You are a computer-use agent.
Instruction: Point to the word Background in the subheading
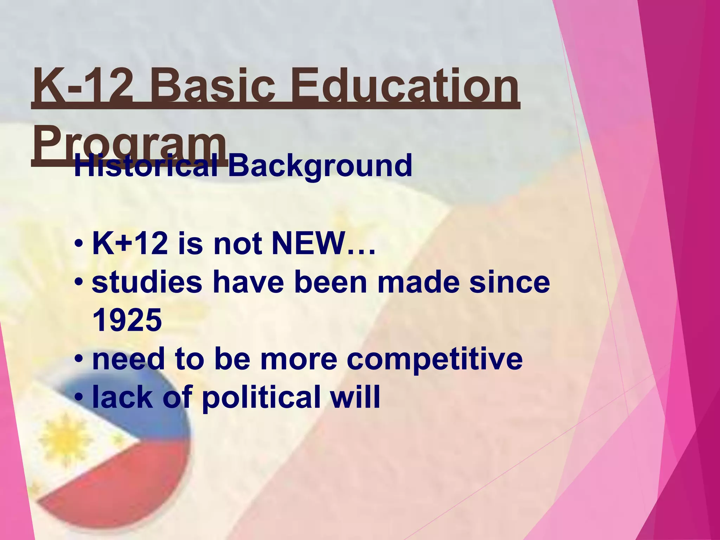click(x=320, y=165)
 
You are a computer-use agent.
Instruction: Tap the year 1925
click(x=127, y=320)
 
